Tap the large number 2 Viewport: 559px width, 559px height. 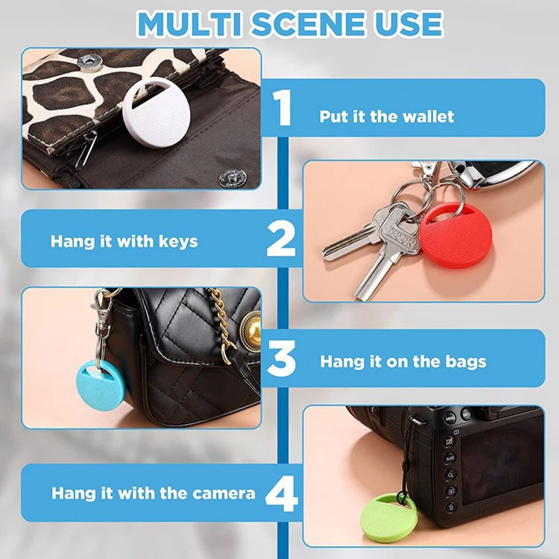[281, 240]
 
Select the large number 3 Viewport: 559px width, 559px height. [282, 358]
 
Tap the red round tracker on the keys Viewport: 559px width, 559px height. [456, 238]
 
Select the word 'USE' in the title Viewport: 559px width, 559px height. [410, 23]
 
